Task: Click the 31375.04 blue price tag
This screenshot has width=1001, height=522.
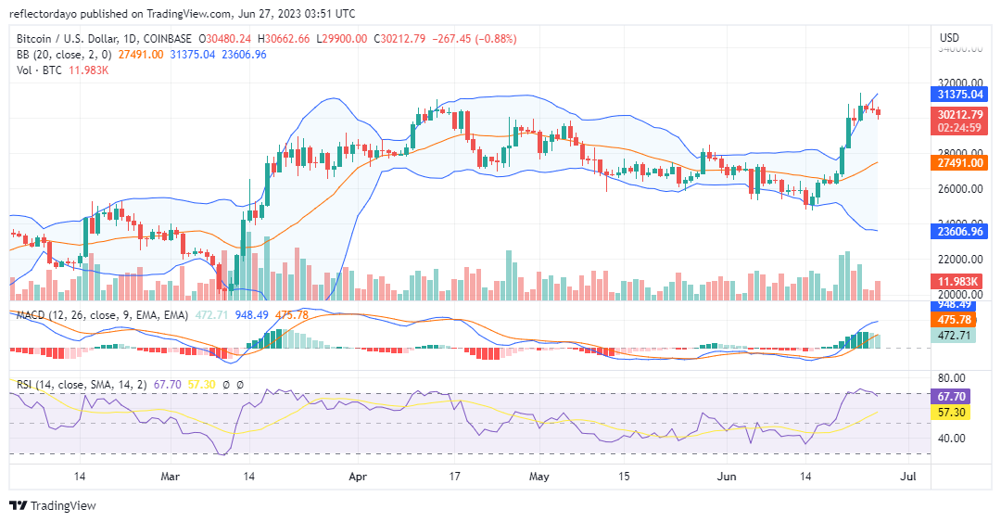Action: point(959,94)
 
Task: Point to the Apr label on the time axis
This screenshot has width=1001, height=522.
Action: point(358,477)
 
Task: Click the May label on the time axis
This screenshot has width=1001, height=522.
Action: point(539,477)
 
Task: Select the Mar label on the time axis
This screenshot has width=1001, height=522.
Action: point(171,477)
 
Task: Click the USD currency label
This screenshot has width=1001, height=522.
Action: point(950,38)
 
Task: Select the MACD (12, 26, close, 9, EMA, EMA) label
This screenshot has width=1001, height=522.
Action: point(102,315)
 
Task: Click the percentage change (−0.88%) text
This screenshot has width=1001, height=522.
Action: point(496,39)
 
